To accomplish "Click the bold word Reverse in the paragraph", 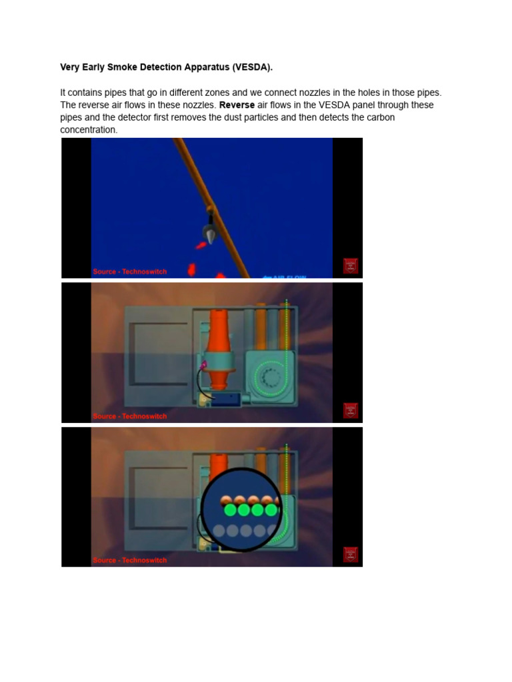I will (x=237, y=105).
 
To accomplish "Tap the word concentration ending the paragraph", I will (x=88, y=130).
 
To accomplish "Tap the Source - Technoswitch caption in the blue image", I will (x=130, y=272).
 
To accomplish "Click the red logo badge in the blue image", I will (x=351, y=266).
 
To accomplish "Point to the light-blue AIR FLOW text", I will (x=285, y=276).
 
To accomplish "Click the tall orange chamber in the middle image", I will (x=220, y=346).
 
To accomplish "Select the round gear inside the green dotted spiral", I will (x=271, y=378).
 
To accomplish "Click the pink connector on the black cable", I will (x=205, y=365).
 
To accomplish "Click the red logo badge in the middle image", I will (x=351, y=410).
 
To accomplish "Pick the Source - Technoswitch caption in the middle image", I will (x=130, y=416).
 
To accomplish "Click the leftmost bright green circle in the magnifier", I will (x=231, y=510).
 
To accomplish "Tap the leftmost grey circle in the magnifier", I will (x=219, y=531).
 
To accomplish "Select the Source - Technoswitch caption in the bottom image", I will (x=130, y=560).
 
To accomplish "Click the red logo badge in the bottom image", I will (x=351, y=554).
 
